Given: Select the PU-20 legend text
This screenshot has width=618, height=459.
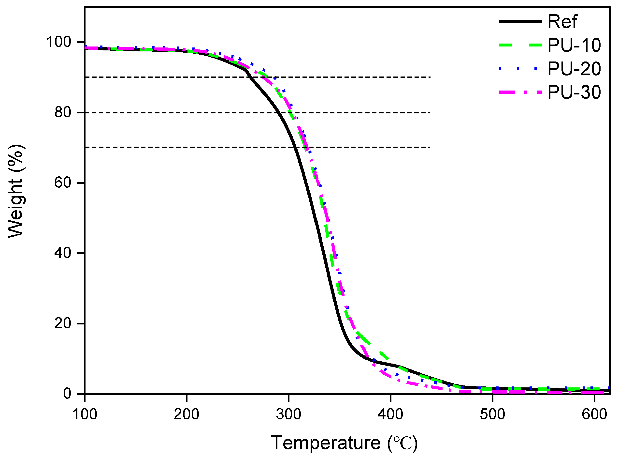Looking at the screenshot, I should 574,69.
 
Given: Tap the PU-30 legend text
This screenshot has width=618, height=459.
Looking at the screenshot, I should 574,92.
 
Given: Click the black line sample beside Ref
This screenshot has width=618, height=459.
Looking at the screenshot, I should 520,21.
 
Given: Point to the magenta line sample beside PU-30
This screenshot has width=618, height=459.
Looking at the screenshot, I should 520,92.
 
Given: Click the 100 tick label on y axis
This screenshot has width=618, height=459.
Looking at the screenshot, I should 59,42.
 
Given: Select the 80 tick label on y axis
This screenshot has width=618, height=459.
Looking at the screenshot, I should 63,112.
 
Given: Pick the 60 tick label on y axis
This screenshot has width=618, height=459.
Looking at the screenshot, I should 63,183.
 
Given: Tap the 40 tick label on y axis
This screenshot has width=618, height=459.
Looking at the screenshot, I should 63,253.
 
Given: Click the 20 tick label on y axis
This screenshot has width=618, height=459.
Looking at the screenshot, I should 63,323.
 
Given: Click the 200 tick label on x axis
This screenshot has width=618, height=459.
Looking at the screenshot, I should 187,414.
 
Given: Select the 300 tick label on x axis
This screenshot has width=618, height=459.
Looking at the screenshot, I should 288,414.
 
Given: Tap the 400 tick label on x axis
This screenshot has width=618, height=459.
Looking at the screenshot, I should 390,414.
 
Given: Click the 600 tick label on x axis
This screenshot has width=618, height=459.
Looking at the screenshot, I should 594,414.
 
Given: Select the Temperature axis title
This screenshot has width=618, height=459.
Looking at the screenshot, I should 344,443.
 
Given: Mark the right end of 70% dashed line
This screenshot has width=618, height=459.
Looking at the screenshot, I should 430,147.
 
